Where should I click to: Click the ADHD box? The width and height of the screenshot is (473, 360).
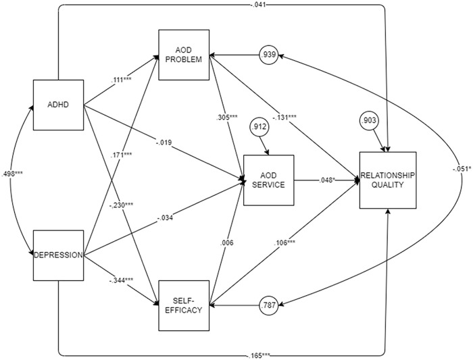(58, 105)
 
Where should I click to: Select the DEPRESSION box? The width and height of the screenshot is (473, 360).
(58, 255)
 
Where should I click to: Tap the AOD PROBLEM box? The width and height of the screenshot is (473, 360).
(184, 55)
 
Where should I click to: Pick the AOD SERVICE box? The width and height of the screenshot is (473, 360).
(268, 180)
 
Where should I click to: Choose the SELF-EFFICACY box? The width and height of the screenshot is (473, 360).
(184, 305)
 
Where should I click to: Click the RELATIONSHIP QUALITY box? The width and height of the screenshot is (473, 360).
(388, 180)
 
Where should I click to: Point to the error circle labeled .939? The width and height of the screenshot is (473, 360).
(268, 55)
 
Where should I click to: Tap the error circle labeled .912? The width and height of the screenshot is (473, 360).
(259, 127)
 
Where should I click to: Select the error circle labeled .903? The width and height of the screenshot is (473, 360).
(369, 121)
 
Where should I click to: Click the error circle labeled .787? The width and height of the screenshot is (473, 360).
(268, 305)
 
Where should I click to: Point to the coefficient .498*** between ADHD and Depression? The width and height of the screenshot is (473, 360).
(12, 174)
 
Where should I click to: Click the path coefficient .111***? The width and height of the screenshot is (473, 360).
(122, 80)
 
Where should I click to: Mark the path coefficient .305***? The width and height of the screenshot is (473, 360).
(227, 118)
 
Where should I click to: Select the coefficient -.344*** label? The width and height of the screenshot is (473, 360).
(121, 280)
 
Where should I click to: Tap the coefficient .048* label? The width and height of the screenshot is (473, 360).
(326, 180)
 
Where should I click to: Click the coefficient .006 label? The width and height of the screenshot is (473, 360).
(227, 242)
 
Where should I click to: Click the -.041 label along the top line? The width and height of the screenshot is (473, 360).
(259, 5)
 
